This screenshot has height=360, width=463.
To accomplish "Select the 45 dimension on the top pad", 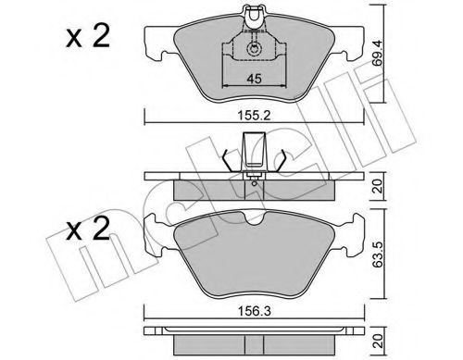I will click(252, 80).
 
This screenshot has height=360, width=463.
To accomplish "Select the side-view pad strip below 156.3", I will click(252, 334).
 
